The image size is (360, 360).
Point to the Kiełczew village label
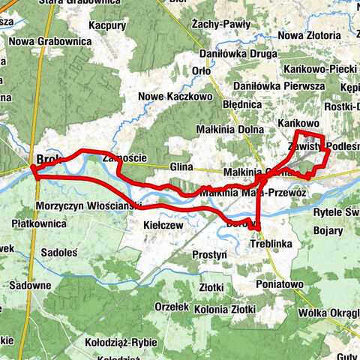[x=163, y=224]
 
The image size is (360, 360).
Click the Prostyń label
[x=209, y=255]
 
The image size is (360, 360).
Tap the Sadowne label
[x=31, y=285]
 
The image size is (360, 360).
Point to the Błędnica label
[x=241, y=105]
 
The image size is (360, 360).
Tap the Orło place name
[x=200, y=71]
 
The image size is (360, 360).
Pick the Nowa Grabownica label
[x=46, y=41]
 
